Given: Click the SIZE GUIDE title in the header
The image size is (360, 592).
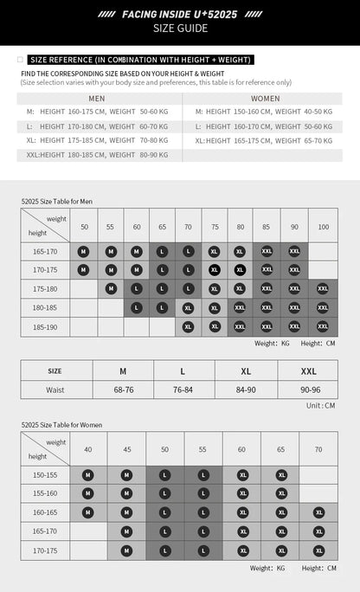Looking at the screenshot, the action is [180, 29].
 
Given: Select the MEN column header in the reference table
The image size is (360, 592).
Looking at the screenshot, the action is [98, 99].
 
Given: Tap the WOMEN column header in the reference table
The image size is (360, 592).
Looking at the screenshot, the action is [266, 99].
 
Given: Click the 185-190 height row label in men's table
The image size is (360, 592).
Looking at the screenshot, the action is [46, 327].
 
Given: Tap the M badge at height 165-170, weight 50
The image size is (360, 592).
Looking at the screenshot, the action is [84, 251].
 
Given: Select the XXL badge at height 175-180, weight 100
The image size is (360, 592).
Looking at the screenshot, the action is [323, 289].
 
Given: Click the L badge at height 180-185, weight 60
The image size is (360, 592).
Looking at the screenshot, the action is [137, 308].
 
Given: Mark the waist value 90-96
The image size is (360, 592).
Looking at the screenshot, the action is [310, 389].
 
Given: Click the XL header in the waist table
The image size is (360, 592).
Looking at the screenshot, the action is [246, 370].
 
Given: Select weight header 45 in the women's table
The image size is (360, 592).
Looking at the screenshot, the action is [126, 449].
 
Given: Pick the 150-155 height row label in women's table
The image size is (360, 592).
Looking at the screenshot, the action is [46, 474].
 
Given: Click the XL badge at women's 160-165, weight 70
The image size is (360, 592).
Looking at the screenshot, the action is [318, 512].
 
